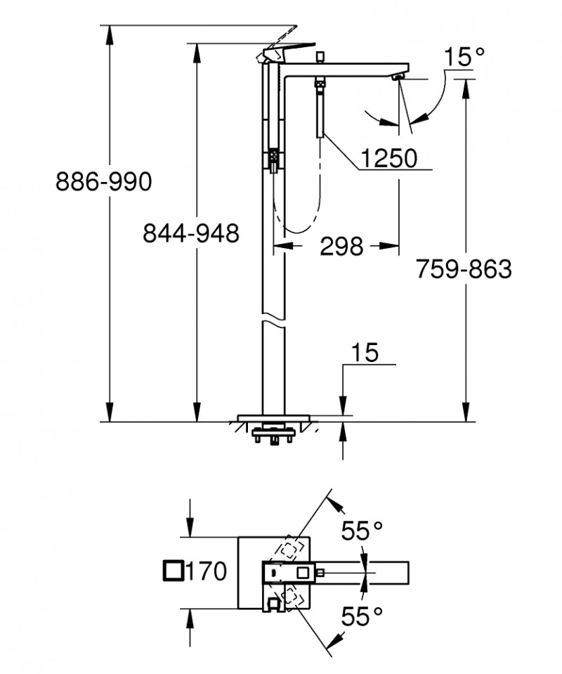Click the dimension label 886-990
coord(103,182)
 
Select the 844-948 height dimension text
coord(191,232)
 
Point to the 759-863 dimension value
coord(464,268)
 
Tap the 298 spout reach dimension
coord(341,246)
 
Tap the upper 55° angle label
coord(362,531)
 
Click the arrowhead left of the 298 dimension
coord(281,246)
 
